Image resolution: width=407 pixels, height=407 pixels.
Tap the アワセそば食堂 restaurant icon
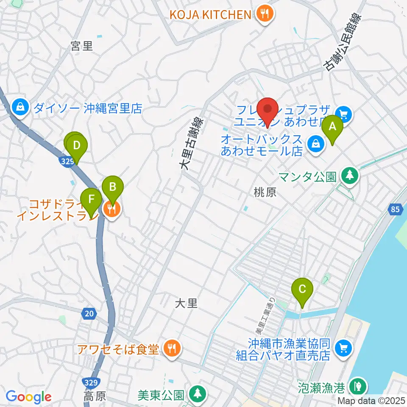(x=171, y=349)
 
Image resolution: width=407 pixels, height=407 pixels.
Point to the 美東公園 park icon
(x=196, y=394)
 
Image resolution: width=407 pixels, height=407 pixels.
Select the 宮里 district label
(x=82, y=45)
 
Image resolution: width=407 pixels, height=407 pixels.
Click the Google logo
(x=28, y=397)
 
